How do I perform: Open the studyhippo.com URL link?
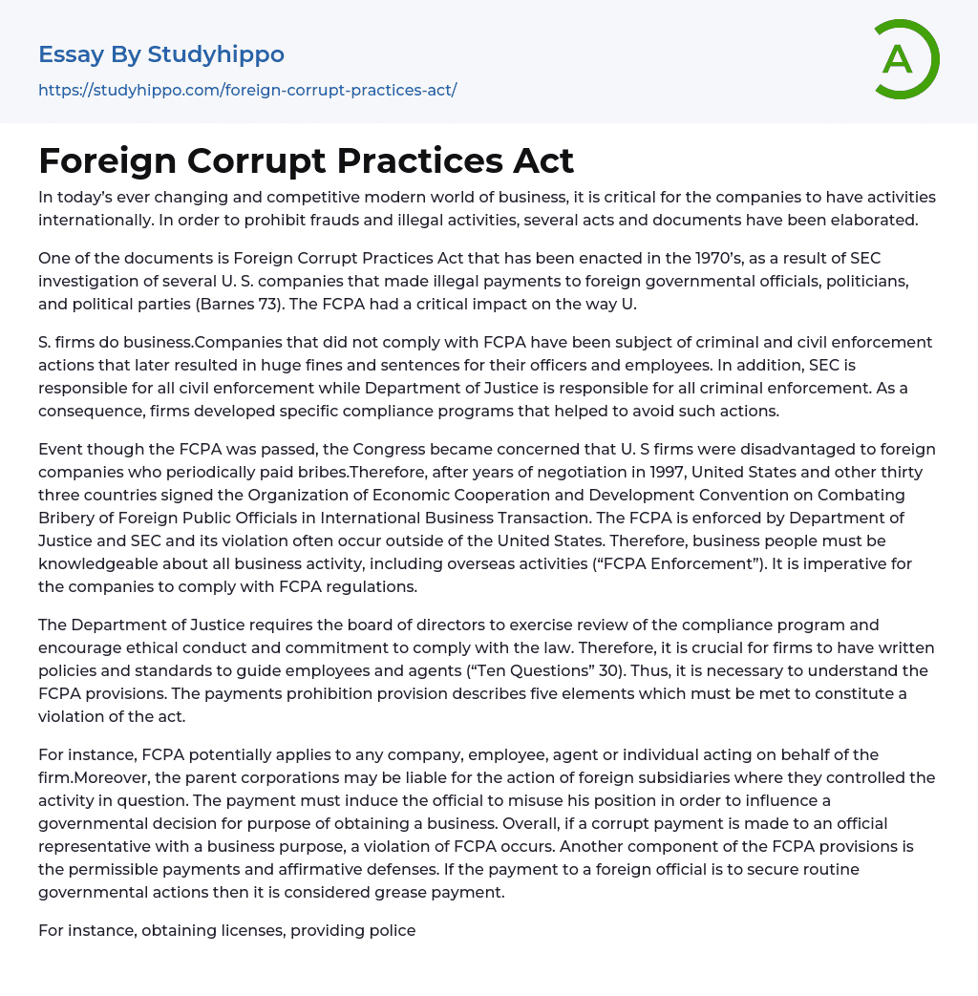coord(247,90)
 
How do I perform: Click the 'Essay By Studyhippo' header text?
coord(161,54)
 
